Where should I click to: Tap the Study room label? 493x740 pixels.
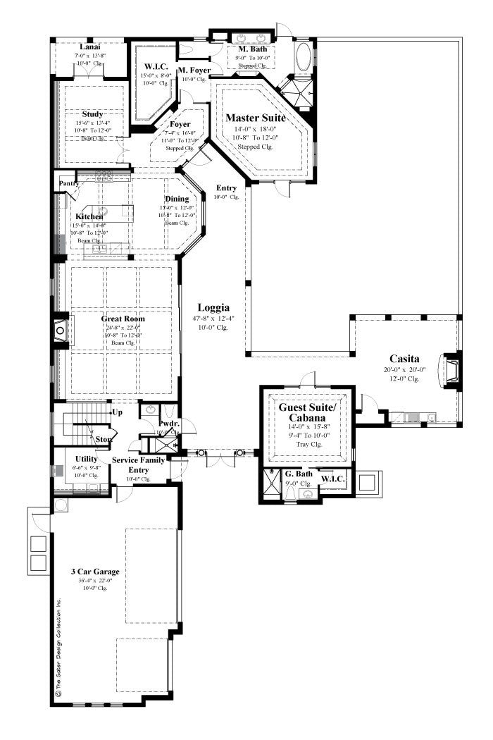[92, 113]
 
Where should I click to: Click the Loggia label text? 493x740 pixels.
[212, 307]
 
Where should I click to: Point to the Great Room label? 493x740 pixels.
[123, 319]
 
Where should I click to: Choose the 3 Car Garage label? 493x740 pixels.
[94, 571]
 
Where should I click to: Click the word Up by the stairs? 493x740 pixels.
[118, 411]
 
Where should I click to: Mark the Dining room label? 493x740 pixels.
[177, 199]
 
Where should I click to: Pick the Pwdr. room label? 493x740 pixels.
[169, 424]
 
